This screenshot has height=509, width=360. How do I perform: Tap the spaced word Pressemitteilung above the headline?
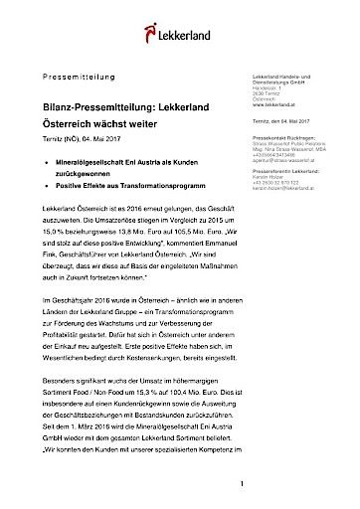[86, 77]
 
